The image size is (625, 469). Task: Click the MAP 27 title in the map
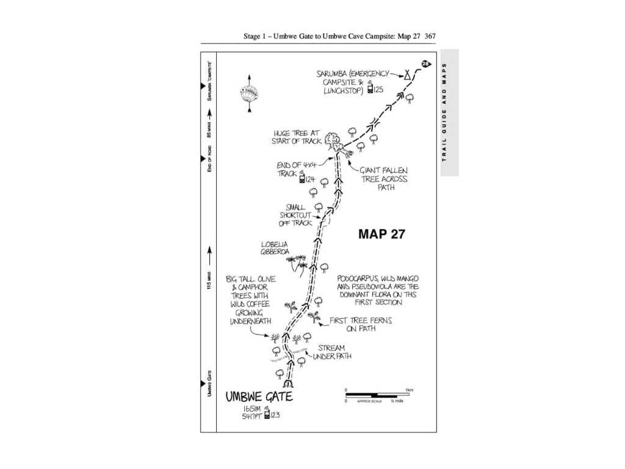pos(381,233)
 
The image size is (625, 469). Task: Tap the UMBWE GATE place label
pos(259,396)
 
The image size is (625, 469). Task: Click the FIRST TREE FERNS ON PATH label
pos(361,324)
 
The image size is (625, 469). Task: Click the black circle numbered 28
pos(425,64)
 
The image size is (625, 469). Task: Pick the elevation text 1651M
pos(253,408)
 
